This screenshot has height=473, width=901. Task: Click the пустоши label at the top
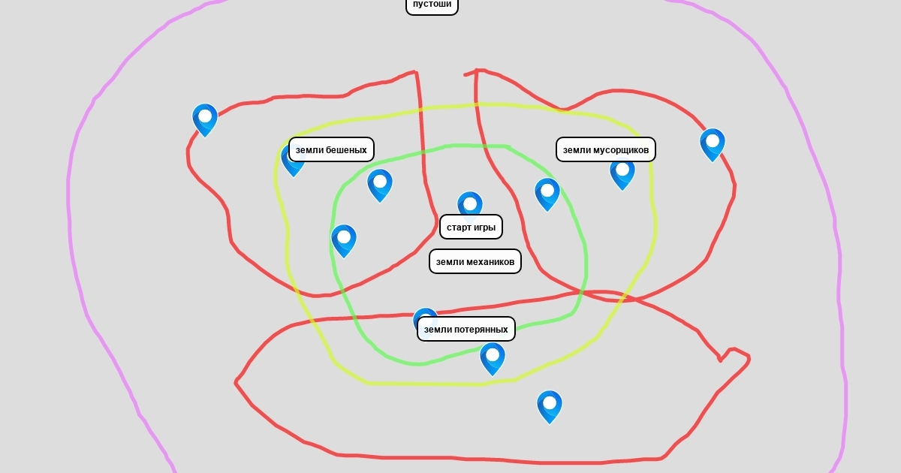[x=432, y=5]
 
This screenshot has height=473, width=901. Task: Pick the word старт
[x=459, y=227]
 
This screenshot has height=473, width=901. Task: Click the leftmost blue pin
[x=205, y=120]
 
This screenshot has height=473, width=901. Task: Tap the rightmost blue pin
[x=713, y=145]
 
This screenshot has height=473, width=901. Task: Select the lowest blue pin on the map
[x=550, y=407]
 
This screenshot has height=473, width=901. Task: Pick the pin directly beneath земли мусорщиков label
[x=622, y=174]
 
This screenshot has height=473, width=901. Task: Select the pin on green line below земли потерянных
[x=493, y=359]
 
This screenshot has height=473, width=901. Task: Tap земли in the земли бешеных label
[x=309, y=150]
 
